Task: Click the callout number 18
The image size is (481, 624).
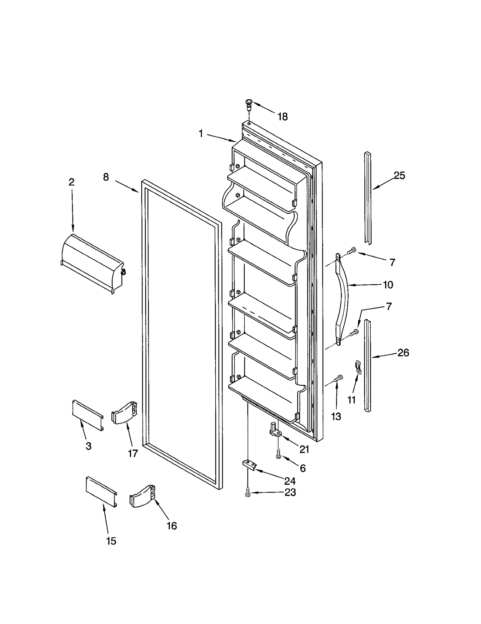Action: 282,116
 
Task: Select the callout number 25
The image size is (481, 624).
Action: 399,175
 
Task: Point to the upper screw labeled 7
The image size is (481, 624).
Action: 351,251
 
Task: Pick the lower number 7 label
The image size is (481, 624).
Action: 389,306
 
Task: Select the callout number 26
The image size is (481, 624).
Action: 403,352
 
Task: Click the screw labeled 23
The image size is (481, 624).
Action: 248,492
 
